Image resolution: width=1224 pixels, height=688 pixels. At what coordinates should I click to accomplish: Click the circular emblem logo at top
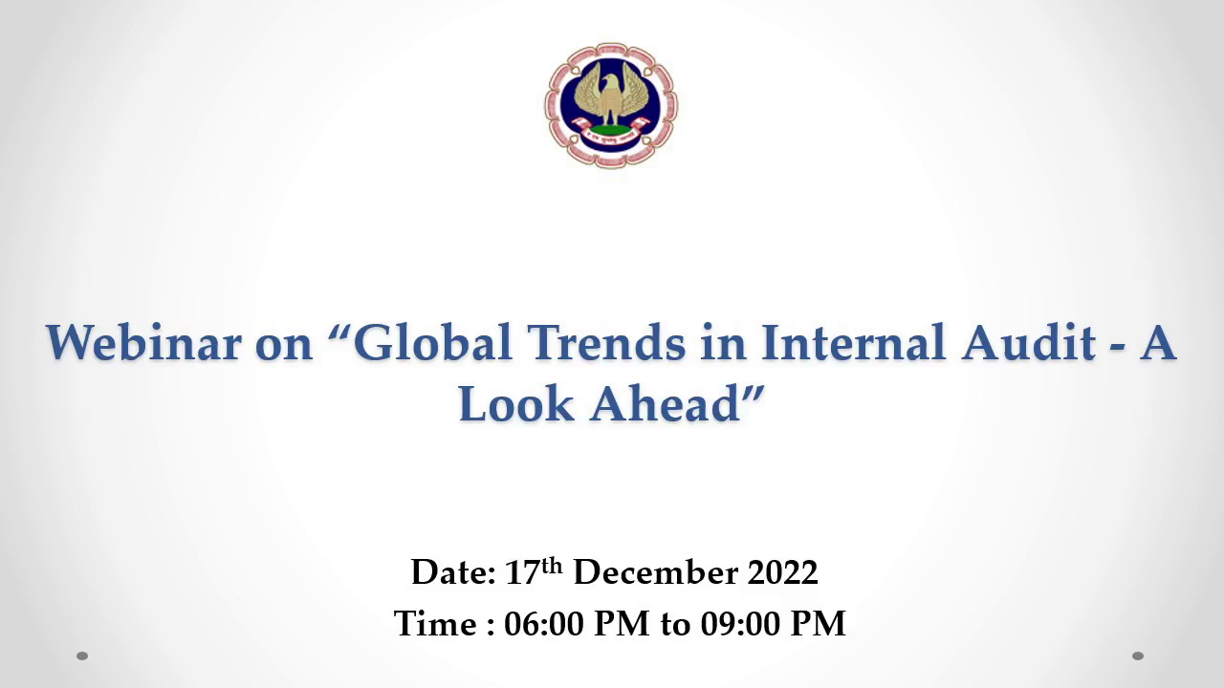(x=611, y=105)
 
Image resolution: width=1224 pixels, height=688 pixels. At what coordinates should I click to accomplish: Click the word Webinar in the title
(x=143, y=342)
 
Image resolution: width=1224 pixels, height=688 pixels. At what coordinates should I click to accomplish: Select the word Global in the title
(x=432, y=342)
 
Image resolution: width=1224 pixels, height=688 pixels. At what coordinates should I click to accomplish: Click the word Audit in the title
(x=1028, y=342)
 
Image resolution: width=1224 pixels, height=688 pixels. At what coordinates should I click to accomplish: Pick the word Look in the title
(x=516, y=404)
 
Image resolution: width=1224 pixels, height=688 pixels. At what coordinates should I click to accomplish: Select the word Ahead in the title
(x=665, y=404)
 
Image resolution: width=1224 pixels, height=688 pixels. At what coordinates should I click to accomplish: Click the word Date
(x=453, y=572)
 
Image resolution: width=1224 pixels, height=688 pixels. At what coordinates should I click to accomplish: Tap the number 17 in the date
(x=522, y=572)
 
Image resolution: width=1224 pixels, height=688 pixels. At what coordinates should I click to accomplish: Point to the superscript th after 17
(x=552, y=567)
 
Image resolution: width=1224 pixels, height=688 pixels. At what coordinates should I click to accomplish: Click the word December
(x=656, y=572)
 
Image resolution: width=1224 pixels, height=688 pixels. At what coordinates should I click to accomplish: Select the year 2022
(x=783, y=572)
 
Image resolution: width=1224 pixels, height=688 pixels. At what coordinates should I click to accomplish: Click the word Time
(x=435, y=624)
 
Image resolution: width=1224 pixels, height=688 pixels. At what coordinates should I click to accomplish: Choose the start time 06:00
(x=544, y=624)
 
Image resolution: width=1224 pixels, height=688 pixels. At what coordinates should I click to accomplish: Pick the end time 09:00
(x=740, y=624)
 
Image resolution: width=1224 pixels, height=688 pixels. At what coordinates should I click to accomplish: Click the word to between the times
(x=675, y=625)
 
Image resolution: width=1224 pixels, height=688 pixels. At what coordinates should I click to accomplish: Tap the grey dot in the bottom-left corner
(x=82, y=656)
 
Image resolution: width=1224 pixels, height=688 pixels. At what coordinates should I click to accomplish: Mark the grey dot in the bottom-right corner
(x=1138, y=656)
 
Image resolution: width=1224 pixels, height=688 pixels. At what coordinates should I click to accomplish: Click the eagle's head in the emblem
(x=610, y=84)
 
